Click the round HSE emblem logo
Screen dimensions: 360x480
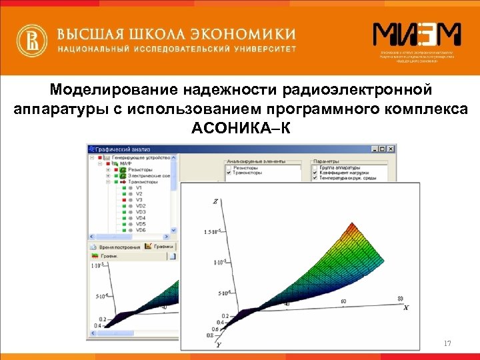pyautogui.click(x=32, y=41)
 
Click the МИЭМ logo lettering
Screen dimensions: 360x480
pyautogui.click(x=416, y=35)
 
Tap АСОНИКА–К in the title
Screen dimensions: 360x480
pyautogui.click(x=241, y=127)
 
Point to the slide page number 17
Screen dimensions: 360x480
pyautogui.click(x=447, y=343)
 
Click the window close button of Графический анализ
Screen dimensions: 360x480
pyautogui.click(x=392, y=149)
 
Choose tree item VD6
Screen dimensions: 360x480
pyautogui.click(x=141, y=230)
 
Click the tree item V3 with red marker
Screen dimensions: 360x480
pyautogui.click(x=139, y=199)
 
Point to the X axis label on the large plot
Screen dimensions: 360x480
pyautogui.click(x=406, y=308)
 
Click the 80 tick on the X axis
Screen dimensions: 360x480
pyautogui.click(x=400, y=297)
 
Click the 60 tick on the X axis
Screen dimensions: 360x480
pyautogui.click(x=344, y=302)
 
